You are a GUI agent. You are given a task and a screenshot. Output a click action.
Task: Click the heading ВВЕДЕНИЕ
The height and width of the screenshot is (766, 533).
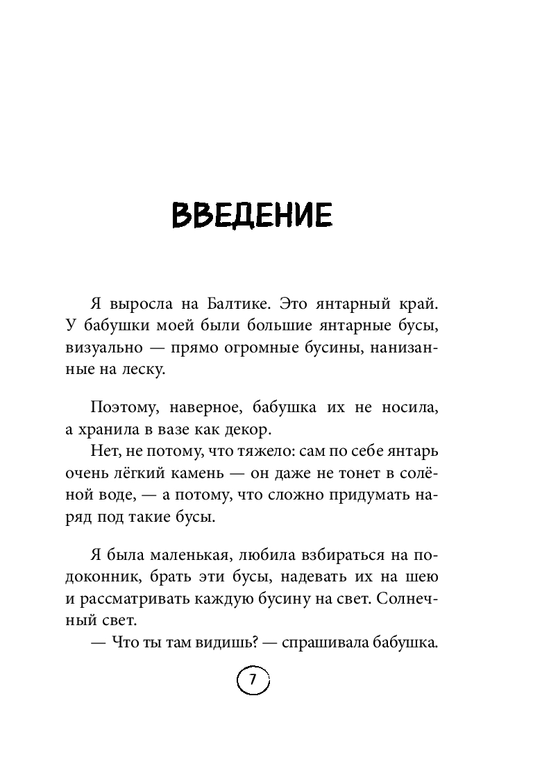point(253,216)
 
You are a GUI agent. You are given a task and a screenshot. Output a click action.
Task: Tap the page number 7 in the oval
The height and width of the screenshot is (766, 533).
point(253,681)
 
